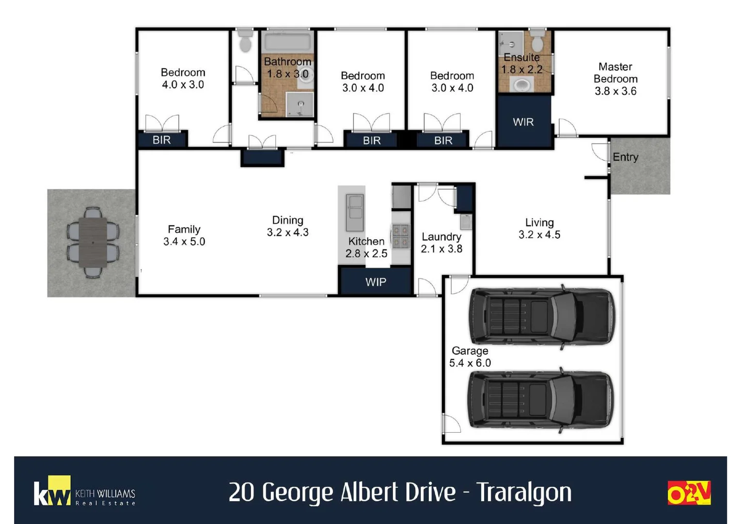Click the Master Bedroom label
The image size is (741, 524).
tap(615, 73)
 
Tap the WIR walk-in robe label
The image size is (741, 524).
tap(523, 122)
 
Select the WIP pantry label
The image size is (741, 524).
tap(376, 282)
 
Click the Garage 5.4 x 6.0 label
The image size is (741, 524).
tap(470, 357)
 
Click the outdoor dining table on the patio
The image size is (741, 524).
tap(93, 242)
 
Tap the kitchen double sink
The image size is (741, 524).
tap(354, 213)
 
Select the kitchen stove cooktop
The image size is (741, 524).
tap(400, 236)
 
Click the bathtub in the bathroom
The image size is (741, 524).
tap(287, 42)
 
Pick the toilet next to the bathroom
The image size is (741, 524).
tap(246, 43)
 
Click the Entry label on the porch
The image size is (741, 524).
tap(625, 157)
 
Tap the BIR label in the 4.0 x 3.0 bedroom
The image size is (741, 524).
tap(161, 140)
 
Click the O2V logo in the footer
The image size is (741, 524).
tap(689, 493)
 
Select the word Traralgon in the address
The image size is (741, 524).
tap(524, 492)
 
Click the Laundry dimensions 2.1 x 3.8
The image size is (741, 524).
tap(441, 249)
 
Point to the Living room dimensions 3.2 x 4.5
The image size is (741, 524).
tap(539, 235)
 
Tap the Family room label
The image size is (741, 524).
tap(184, 229)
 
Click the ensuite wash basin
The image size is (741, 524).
tap(521, 86)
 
